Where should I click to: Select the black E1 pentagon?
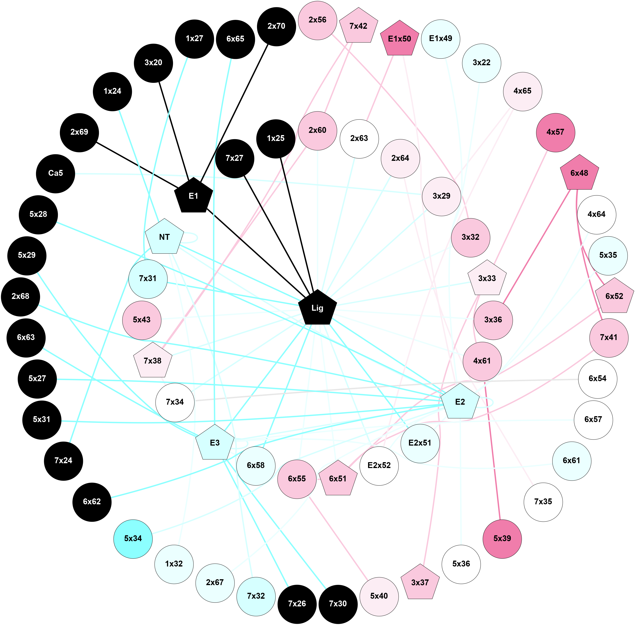[x=193, y=196]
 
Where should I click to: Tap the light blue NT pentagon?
[x=164, y=237]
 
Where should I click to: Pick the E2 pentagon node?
[x=460, y=402]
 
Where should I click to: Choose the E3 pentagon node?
[x=215, y=443]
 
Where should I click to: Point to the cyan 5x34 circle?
[x=133, y=538]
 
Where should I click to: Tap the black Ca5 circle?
[x=55, y=173]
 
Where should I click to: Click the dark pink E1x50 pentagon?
[x=399, y=39]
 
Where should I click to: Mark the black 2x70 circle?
[x=276, y=26]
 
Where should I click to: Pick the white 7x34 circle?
[x=175, y=402]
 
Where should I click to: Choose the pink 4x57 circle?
[x=555, y=132]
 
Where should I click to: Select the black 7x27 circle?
[x=235, y=158]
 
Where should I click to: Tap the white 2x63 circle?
[x=359, y=139]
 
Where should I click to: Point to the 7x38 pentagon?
[x=153, y=361]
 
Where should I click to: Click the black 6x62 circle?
[x=92, y=502]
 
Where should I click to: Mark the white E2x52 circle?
[x=379, y=465]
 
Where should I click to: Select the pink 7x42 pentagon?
[x=359, y=26]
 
